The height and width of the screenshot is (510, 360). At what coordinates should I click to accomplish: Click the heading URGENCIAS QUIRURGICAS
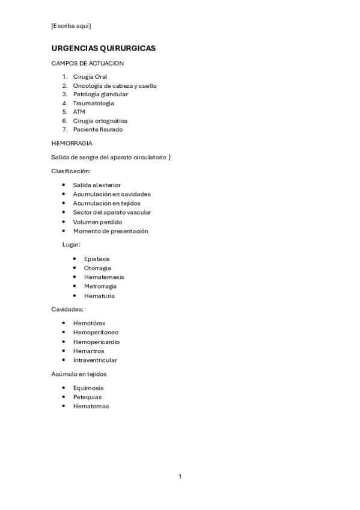click(x=103, y=48)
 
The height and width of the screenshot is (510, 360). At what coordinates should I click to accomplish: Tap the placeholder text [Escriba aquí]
click(x=72, y=25)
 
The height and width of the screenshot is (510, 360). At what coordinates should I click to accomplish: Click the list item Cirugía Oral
click(x=90, y=76)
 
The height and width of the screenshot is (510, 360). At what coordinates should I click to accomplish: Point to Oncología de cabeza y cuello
click(x=115, y=85)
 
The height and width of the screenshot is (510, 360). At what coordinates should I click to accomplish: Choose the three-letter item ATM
click(x=79, y=112)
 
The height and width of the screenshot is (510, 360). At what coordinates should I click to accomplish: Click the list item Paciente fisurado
click(x=98, y=129)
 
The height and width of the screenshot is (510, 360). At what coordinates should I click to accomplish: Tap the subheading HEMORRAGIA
click(x=72, y=143)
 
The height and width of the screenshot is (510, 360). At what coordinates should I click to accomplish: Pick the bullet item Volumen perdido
click(x=97, y=222)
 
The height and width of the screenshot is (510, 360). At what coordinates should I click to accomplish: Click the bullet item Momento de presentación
click(x=111, y=231)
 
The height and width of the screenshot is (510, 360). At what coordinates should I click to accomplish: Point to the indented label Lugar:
click(x=72, y=245)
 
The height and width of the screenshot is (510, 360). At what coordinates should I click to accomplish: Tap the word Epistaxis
click(x=97, y=259)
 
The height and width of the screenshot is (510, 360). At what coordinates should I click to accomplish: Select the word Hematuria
click(x=99, y=296)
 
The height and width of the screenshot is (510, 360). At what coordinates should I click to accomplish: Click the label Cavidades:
click(x=67, y=309)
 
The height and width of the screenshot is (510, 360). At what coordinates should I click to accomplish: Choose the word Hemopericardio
click(x=96, y=342)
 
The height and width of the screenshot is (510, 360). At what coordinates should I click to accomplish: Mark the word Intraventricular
click(x=95, y=360)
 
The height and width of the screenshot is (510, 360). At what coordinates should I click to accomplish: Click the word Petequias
click(x=87, y=397)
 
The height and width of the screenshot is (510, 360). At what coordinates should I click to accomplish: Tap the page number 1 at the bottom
click(x=180, y=476)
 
